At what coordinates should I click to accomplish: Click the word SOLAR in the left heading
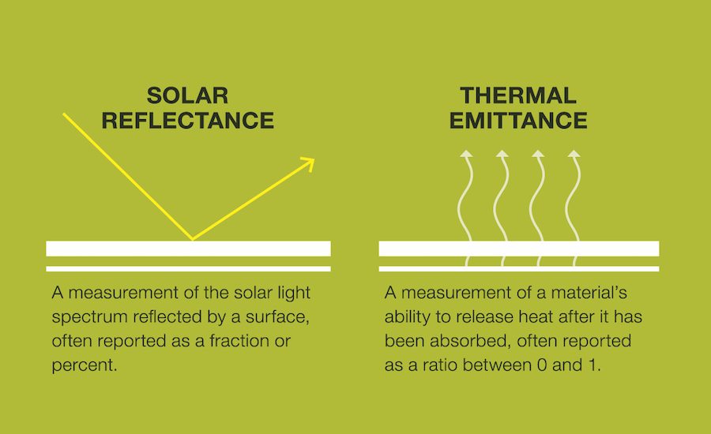tap(188, 96)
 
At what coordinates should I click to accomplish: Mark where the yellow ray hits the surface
tap(192, 239)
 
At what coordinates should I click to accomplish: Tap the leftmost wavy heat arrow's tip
tap(465, 155)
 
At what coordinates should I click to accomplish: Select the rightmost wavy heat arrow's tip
tap(574, 155)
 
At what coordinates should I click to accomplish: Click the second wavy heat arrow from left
tap(502, 197)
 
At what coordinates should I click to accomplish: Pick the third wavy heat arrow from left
tap(537, 197)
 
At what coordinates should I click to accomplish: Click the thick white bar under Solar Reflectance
tap(188, 248)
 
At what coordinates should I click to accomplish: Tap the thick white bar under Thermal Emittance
tap(519, 248)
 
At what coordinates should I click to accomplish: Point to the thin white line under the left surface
tap(188, 268)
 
